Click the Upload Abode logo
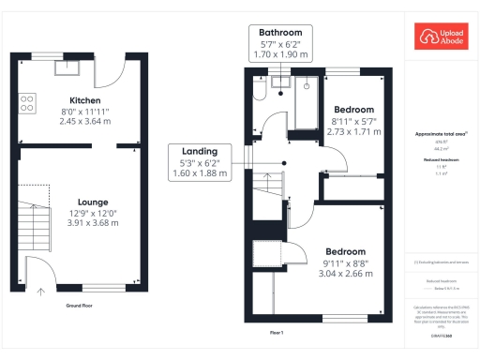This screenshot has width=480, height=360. click(x=441, y=37)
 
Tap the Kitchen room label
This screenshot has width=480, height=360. click(x=80, y=100)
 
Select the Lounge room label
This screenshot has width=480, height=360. click(x=80, y=202)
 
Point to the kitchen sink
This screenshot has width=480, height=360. click(x=67, y=66)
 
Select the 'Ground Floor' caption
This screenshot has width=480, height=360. click(x=79, y=306)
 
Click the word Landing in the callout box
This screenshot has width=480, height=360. click(x=201, y=151)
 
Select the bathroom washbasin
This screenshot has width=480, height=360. click(x=279, y=84)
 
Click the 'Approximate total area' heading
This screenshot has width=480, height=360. click(x=441, y=134)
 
